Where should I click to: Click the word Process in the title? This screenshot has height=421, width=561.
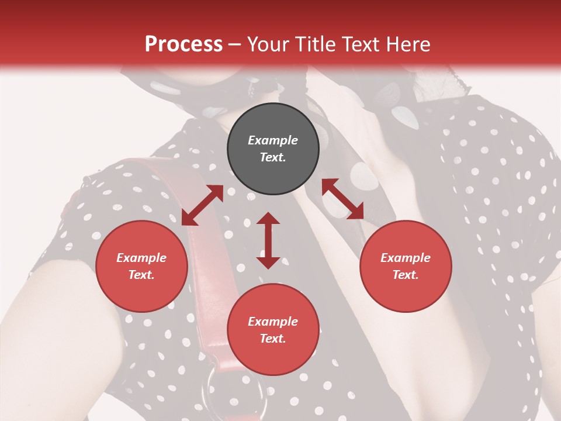(x=183, y=44)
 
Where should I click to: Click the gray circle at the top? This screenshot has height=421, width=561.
(x=273, y=149)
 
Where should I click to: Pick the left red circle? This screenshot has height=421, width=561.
(x=141, y=266)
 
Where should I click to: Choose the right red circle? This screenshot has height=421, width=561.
(x=406, y=266)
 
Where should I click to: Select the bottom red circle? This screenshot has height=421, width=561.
(x=273, y=330)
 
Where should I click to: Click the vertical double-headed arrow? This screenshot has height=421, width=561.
(x=268, y=240)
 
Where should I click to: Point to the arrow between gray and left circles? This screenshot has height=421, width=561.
(x=202, y=205)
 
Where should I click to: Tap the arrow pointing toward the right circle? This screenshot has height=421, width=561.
(x=342, y=199)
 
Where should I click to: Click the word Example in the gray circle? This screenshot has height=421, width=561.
(x=273, y=140)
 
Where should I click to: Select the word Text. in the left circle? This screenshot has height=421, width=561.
(x=141, y=275)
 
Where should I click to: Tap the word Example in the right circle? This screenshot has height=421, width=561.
(x=406, y=258)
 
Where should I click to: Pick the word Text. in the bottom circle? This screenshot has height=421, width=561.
(x=273, y=339)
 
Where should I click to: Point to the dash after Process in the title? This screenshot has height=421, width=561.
(x=234, y=45)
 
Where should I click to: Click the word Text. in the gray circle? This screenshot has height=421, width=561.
(x=273, y=157)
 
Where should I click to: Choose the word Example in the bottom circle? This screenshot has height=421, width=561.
(x=273, y=322)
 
